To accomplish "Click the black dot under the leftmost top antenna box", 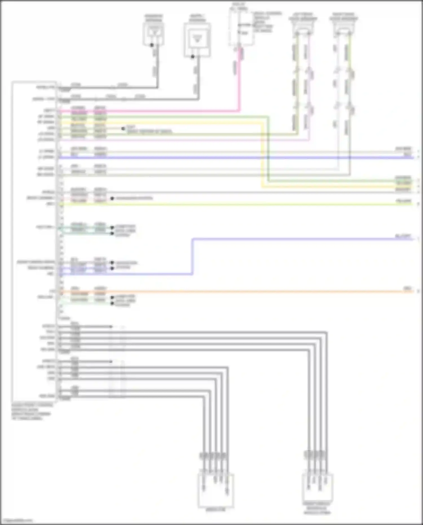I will [152, 45].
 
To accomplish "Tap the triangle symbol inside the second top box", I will [197, 39].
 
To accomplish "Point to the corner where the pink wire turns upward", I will [239, 111].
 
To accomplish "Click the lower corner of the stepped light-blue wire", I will [193, 274].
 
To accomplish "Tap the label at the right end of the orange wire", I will [407, 288].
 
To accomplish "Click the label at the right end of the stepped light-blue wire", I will [403, 236].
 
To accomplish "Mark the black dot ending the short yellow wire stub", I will [123, 129].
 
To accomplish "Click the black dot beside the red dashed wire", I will [112, 199].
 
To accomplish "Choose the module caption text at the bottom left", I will [32, 412].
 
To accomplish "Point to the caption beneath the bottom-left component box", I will [216, 509].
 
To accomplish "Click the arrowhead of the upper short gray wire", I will [111, 327].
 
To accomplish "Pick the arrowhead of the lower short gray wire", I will [111, 361].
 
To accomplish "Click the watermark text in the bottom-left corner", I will [17, 520].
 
